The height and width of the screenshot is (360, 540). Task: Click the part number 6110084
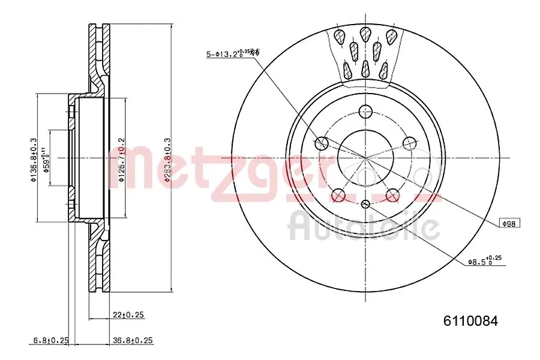[470, 321]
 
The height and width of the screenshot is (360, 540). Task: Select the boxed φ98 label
[510, 223]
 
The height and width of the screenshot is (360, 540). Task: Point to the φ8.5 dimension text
[484, 261]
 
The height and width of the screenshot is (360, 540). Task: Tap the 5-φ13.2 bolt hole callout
[232, 55]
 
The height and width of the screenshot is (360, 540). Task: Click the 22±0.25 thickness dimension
[129, 314]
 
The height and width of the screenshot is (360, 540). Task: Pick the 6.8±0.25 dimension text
[50, 340]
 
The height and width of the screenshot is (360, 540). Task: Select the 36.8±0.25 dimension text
[133, 340]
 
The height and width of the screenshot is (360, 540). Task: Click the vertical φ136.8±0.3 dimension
[34, 158]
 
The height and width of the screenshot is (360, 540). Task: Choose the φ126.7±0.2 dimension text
[121, 158]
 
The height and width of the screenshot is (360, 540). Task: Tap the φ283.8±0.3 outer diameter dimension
[167, 158]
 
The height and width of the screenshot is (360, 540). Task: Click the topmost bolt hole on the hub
[365, 111]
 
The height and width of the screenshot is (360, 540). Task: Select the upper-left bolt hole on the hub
[322, 143]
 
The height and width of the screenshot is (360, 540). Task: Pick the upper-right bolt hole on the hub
[409, 143]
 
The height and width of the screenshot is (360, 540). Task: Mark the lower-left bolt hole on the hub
[338, 194]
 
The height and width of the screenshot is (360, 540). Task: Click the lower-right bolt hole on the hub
[392, 194]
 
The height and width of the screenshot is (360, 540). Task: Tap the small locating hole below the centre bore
[365, 204]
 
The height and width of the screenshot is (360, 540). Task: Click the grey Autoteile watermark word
[364, 226]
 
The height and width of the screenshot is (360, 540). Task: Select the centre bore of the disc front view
[365, 158]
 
